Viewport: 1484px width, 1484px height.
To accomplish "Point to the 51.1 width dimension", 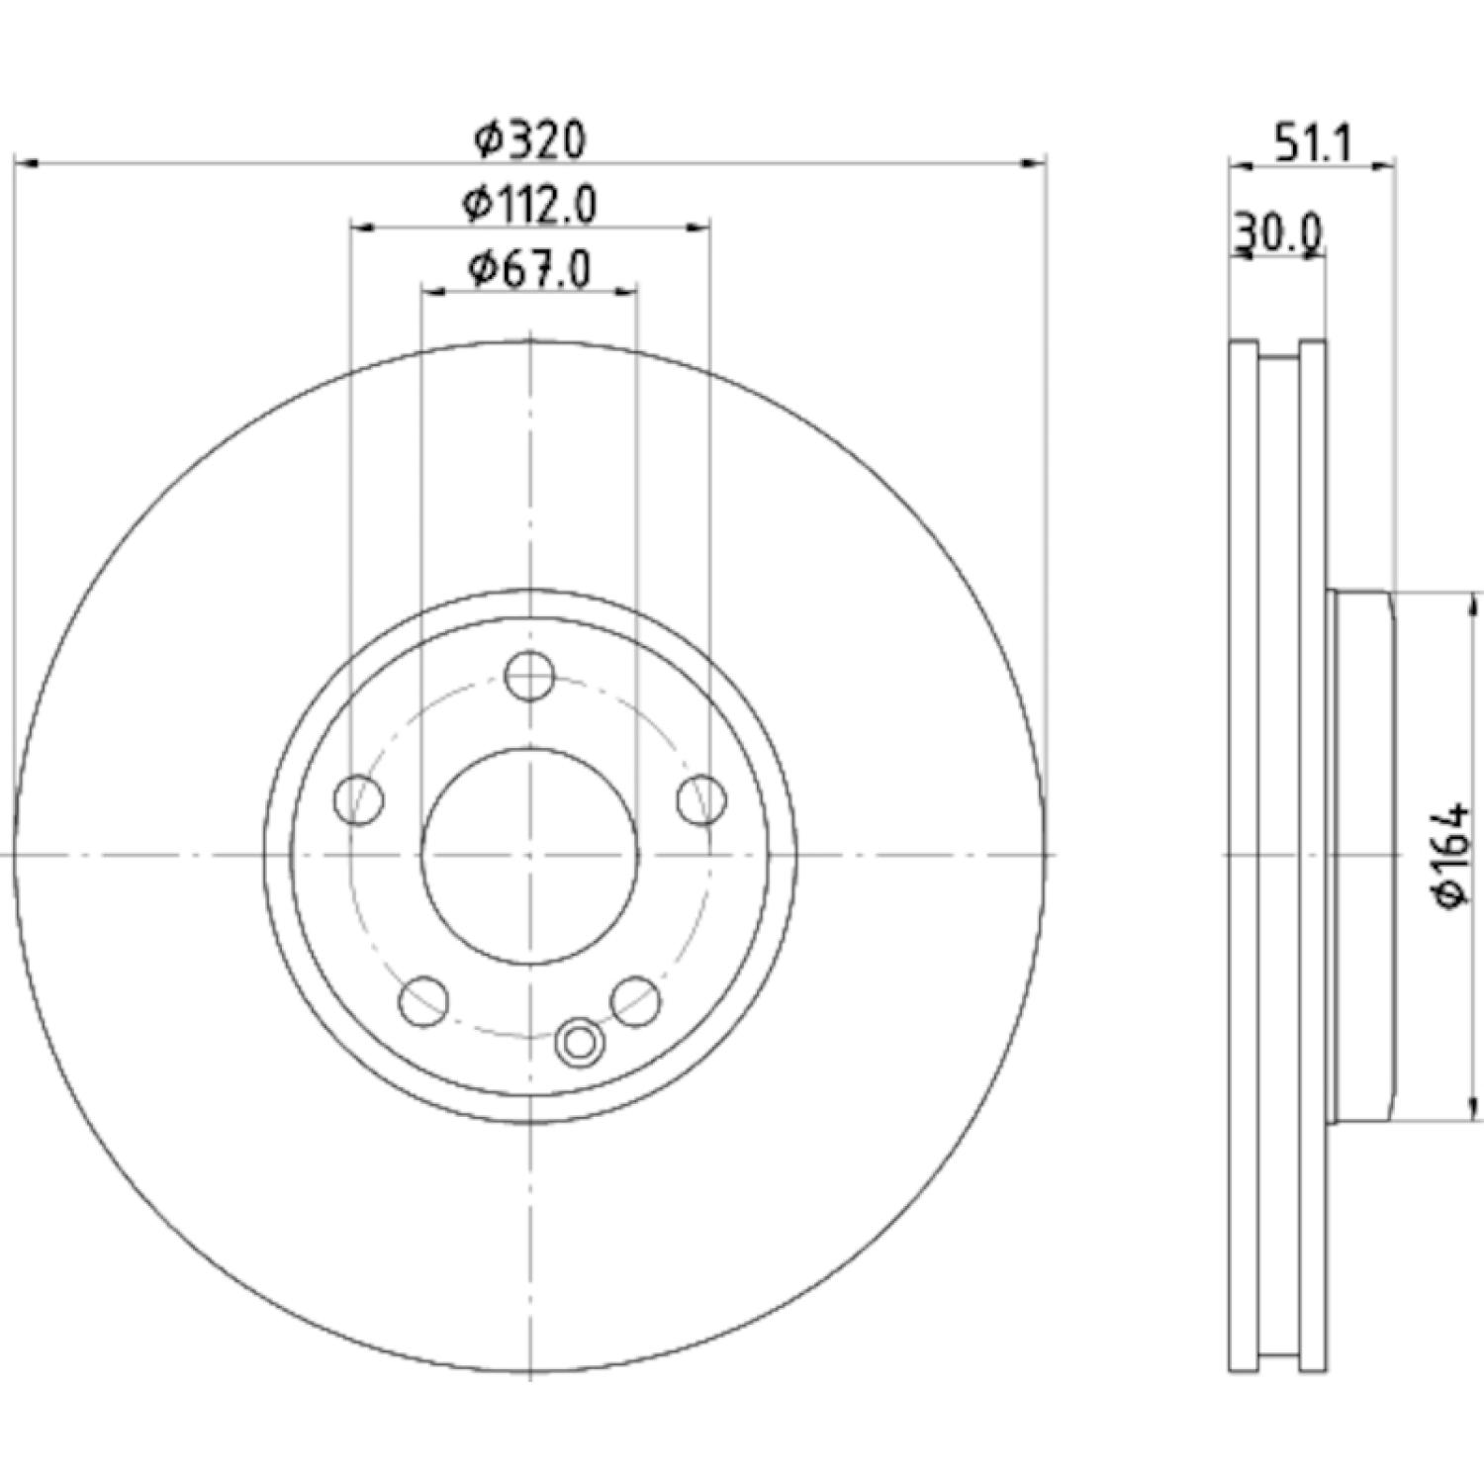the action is point(1312,145).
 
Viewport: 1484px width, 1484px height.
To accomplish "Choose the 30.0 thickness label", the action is point(1277,234).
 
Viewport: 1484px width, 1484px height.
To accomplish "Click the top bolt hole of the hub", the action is point(529,677).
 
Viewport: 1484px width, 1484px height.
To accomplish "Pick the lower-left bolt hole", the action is point(424,1000).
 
